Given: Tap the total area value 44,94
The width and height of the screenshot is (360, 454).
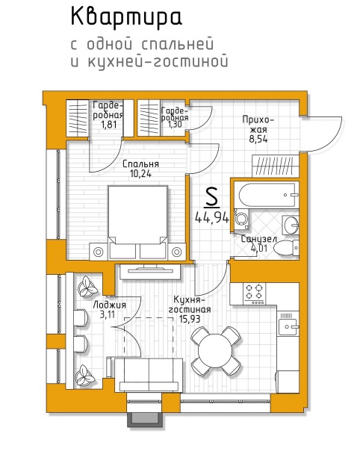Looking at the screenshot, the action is pos(212,217).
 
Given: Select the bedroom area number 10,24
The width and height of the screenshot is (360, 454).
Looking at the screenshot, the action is pos(140,174).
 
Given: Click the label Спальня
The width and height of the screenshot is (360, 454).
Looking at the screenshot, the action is pos(140,164).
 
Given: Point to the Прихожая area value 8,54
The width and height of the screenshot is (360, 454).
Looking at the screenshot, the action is pos(258,140).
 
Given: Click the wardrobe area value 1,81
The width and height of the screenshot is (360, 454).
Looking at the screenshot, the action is pos(109,125).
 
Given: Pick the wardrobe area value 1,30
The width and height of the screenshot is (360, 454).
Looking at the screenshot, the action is pos(174,125).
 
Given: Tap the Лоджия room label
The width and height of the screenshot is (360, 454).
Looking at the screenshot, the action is pos(110,305).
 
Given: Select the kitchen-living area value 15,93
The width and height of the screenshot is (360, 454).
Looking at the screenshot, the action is pos(190,319).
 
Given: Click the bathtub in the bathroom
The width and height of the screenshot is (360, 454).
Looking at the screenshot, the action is pos(266,194).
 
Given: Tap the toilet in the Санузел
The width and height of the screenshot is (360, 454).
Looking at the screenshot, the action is pos(286,248).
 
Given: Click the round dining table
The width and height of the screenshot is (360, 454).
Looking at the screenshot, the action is pos(216,350).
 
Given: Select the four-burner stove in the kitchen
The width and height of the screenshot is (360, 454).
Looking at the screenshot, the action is pos(255,293).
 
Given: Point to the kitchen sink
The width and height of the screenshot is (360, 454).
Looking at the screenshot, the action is pos(288,326).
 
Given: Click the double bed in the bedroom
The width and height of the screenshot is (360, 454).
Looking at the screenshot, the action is pos(137,222).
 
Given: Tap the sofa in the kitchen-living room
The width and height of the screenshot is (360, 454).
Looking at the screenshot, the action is pos(149,375).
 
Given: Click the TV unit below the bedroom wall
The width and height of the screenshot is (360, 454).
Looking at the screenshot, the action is pos(150,271).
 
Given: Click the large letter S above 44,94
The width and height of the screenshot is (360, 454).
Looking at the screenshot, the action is pos(211,198).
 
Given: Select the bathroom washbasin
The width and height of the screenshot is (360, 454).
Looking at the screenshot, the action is pos(291,225).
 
